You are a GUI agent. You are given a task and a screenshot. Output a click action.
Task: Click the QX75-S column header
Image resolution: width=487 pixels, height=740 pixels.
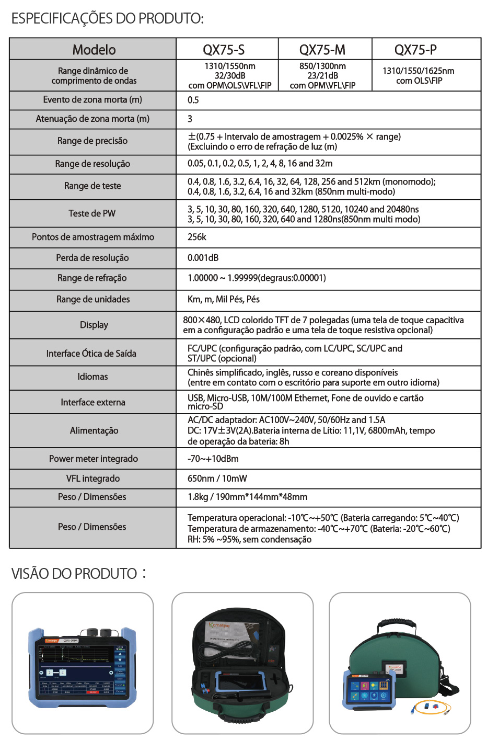pyautogui.click(x=224, y=50)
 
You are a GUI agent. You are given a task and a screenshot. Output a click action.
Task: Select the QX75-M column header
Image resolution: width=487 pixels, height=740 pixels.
pyautogui.click(x=322, y=50)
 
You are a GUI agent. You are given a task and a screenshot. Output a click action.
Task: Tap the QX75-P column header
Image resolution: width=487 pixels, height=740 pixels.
pyautogui.click(x=415, y=50)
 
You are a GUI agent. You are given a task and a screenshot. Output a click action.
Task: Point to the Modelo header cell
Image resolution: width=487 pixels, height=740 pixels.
pyautogui.click(x=94, y=50)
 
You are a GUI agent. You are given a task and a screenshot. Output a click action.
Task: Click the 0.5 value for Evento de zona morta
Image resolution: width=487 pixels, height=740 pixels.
pyautogui.click(x=193, y=100)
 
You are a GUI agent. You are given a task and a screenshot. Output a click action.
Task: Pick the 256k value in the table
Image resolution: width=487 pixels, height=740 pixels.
pyautogui.click(x=197, y=237)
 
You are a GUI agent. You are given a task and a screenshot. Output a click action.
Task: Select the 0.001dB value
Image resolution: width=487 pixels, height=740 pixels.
pyautogui.click(x=203, y=258)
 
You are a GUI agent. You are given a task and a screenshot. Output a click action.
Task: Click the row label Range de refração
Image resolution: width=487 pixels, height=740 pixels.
pyautogui.click(x=92, y=278)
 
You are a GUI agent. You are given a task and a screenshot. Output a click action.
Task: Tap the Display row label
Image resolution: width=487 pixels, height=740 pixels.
pyautogui.click(x=94, y=325)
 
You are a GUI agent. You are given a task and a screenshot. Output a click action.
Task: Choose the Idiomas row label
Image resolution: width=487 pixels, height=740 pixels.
pyautogui.click(x=93, y=377)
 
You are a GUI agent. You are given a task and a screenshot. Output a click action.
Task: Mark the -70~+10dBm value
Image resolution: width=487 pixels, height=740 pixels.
pyautogui.click(x=213, y=459)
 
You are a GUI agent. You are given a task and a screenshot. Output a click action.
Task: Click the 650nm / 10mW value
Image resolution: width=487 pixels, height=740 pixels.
pyautogui.click(x=217, y=479)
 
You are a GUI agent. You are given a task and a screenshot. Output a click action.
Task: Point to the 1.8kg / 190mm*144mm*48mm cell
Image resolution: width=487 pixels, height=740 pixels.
pyautogui.click(x=248, y=497)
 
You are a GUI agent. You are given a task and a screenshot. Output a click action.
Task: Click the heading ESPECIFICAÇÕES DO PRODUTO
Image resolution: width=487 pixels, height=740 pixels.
pyautogui.click(x=108, y=18)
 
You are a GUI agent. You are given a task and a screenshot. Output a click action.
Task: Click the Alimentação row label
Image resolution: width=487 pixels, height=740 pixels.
pyautogui.click(x=94, y=430)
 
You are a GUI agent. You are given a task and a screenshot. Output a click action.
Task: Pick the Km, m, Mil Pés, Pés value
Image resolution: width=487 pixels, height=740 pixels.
pyautogui.click(x=224, y=299)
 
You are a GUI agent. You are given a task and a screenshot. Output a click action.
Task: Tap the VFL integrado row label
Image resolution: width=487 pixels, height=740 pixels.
pyautogui.click(x=93, y=479)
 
